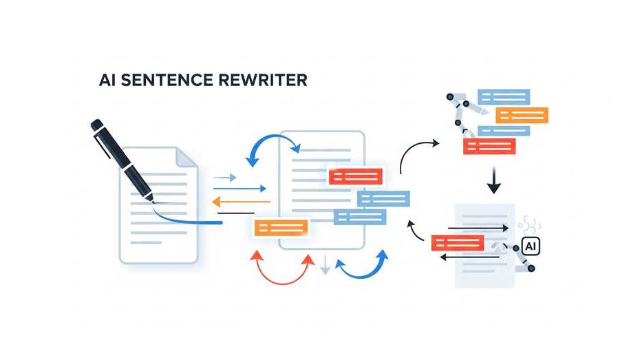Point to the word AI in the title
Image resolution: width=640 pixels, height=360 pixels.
pos(107,80)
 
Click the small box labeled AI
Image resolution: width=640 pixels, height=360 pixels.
pos(531,246)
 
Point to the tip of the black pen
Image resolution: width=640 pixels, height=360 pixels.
pos(153,204)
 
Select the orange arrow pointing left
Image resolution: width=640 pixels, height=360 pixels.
pos(240,202)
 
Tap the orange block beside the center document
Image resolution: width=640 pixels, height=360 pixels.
pos(281,227)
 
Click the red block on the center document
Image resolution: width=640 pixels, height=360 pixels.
pos(355,176)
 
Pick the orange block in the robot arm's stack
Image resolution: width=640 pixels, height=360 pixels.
pos(522,115)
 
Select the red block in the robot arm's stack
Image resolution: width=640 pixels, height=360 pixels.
pos(489,146)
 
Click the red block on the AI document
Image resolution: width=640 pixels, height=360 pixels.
pos(457,242)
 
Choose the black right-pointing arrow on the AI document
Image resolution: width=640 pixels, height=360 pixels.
pos(478,227)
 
